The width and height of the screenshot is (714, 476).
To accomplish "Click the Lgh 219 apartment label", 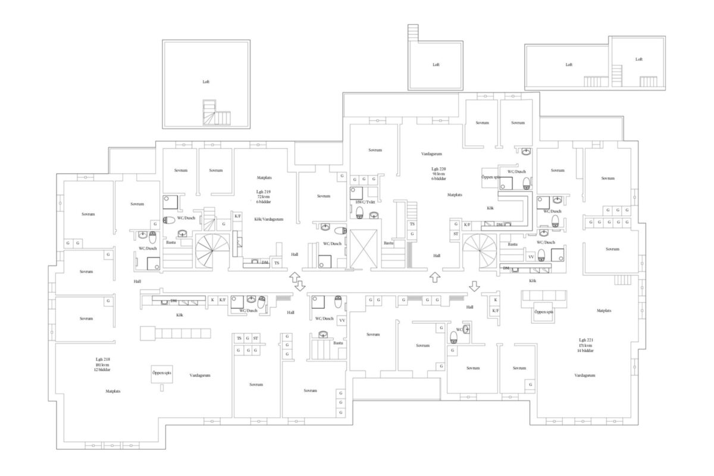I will (263, 192).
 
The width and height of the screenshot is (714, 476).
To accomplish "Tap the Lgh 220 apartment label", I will (439, 169).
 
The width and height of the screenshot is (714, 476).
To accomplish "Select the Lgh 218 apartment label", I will (103, 359).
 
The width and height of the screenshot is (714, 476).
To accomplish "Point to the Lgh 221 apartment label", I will (584, 339).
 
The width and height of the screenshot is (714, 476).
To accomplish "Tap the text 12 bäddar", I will (103, 370).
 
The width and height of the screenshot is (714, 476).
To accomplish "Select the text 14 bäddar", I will (584, 350).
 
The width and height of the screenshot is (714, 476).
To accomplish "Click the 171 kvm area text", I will (584, 345).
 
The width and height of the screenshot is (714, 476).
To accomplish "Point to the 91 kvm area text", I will (439, 174).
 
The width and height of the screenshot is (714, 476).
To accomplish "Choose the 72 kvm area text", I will (263, 197).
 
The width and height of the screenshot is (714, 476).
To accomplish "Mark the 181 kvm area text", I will (103, 365).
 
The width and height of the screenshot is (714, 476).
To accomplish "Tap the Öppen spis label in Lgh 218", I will (161, 372).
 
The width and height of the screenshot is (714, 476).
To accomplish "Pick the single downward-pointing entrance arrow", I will (474, 286).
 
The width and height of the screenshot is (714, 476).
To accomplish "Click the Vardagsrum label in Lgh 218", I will (201, 375).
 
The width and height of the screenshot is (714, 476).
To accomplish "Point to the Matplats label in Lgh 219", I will (265, 177).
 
